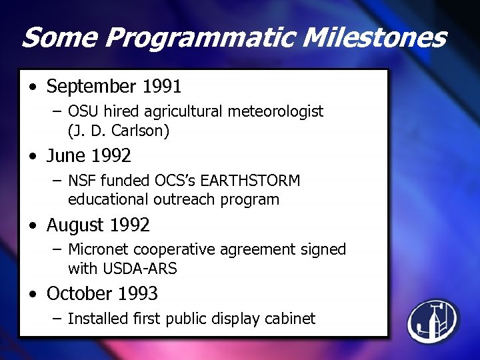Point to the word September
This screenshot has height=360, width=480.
[91, 87]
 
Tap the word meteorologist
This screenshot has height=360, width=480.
[276, 111]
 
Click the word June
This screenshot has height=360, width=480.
[67, 156]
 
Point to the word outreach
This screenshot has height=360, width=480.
[180, 199]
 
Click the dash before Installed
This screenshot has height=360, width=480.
[57, 319]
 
